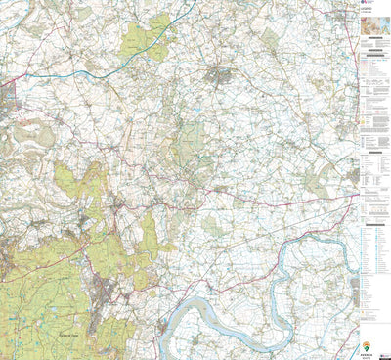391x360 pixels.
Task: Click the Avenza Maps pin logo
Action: coord(367,344)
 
